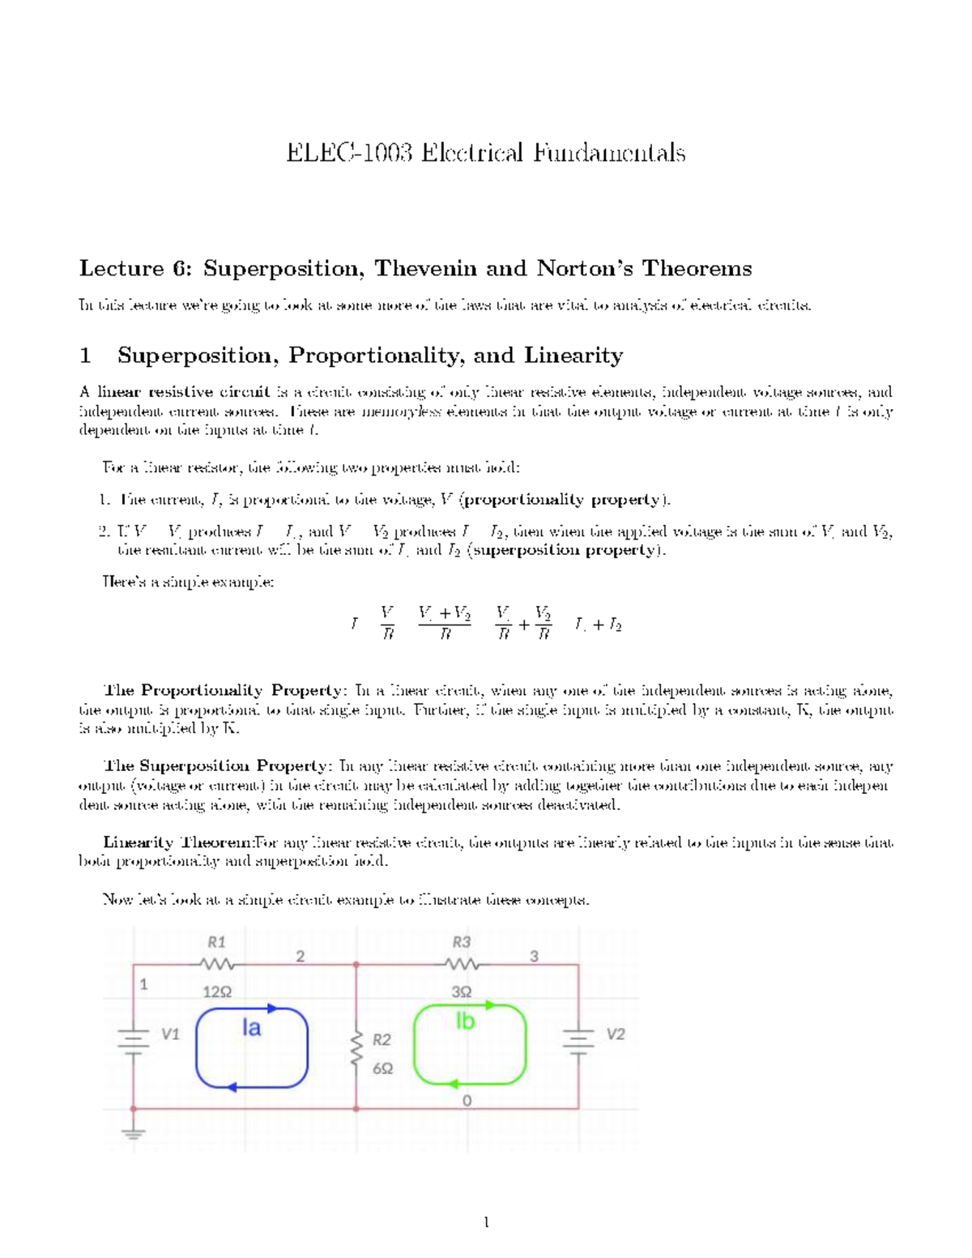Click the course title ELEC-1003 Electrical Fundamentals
pyautogui.click(x=486, y=152)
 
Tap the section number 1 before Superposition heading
pyautogui.click(x=85, y=356)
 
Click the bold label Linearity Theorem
pyautogui.click(x=179, y=842)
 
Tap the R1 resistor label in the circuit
pyautogui.click(x=216, y=941)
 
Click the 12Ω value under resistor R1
pyautogui.click(x=216, y=991)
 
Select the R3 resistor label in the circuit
pyautogui.click(x=461, y=941)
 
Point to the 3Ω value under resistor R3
pyautogui.click(x=462, y=991)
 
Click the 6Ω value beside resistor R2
pyautogui.click(x=382, y=1068)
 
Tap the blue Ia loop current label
pyautogui.click(x=252, y=1028)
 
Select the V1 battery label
pyautogui.click(x=170, y=1034)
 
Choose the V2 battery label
pyautogui.click(x=616, y=1034)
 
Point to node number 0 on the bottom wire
pyautogui.click(x=466, y=1101)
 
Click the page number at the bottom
pyautogui.click(x=486, y=1222)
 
